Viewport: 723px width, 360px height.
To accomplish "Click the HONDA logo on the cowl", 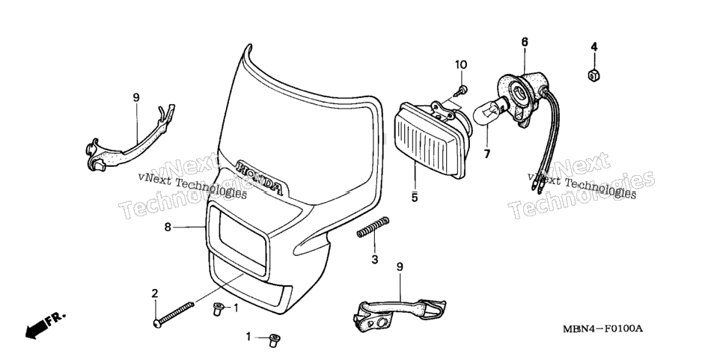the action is pos(259,177).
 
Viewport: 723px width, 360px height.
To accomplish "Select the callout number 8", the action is pos(168,227).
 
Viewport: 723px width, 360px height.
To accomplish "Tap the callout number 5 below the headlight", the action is pos(415,198).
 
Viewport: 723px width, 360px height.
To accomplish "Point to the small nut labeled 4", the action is pos(594,75).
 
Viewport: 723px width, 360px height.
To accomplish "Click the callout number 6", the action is pos(525,42).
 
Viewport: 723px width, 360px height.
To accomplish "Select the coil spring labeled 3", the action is pos(373,228).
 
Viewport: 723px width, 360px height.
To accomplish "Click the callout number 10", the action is pos(461,64).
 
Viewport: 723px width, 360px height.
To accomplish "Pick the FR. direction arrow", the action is pos(45,324).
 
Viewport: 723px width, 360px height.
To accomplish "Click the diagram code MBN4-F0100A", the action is pos(602,329).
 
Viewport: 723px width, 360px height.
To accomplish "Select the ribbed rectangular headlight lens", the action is pos(428,140).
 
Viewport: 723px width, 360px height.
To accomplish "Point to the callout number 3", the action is pos(375,260).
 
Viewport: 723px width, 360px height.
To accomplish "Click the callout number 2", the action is pos(155,293).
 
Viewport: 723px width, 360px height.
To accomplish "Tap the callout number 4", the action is pos(594,46).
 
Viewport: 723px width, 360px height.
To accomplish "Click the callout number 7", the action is pos(487,153).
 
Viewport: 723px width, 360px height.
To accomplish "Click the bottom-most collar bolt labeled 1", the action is pos(275,341).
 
